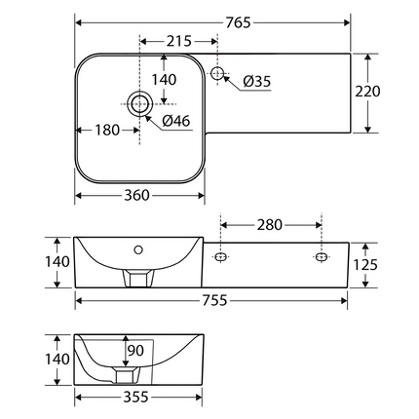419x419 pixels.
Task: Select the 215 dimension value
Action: [x=178, y=42]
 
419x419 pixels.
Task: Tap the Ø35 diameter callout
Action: [x=256, y=82]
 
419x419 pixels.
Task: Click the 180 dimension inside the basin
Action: [x=108, y=130]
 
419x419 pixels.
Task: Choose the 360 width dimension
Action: [x=137, y=195]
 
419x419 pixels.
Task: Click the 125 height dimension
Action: [x=394, y=263]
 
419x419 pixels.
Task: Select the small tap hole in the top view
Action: [x=218, y=72]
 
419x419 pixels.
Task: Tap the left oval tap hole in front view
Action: [x=221, y=257]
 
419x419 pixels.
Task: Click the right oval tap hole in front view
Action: [x=321, y=257]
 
